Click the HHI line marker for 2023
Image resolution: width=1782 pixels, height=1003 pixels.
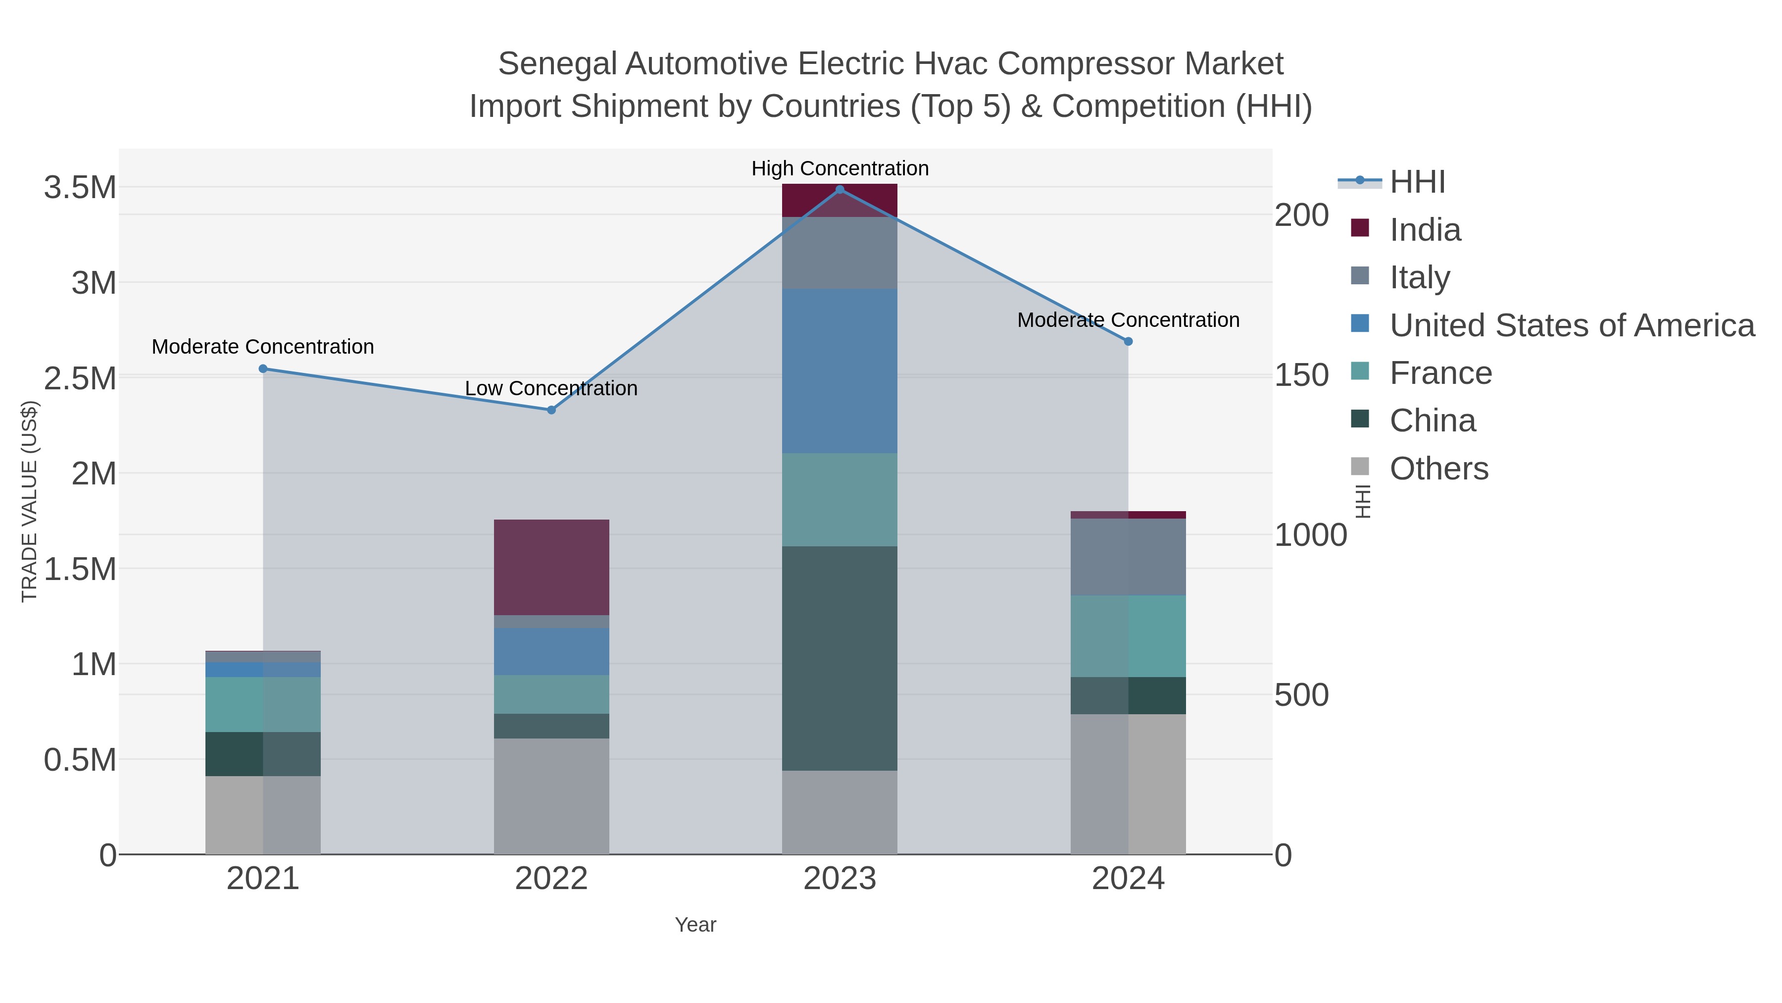840,190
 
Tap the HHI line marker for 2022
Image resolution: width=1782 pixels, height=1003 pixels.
551,410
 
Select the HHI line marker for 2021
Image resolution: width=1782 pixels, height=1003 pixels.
263,369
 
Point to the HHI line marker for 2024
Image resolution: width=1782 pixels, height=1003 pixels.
1128,341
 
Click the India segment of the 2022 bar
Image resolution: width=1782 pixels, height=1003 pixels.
551,567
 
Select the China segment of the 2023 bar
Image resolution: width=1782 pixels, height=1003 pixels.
840,658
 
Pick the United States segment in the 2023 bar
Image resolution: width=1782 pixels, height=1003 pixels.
840,371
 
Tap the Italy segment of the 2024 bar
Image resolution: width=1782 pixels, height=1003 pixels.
1128,557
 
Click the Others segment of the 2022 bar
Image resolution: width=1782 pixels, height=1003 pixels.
551,796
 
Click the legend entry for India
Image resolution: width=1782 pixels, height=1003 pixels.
1425,230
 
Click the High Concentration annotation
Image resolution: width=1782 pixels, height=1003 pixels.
840,168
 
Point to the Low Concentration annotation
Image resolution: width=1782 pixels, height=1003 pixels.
551,388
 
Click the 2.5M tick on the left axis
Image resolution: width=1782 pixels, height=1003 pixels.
80,378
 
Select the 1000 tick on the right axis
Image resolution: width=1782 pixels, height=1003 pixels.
1310,535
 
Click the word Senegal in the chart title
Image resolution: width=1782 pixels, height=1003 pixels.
557,64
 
